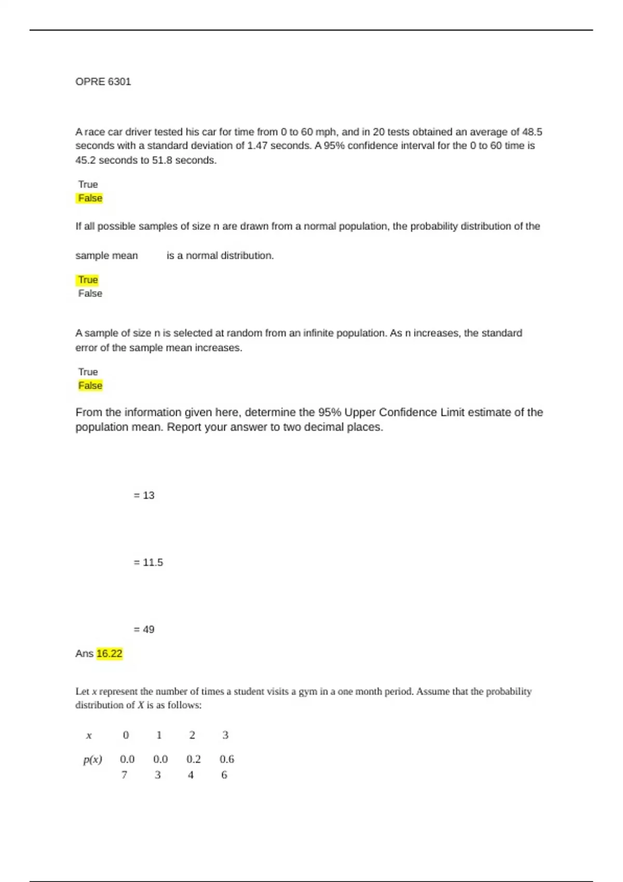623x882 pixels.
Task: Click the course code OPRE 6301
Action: (103, 81)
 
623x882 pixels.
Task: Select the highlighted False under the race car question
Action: (90, 198)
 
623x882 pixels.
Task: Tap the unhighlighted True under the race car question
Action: (88, 184)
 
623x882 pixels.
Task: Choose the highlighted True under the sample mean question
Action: (88, 280)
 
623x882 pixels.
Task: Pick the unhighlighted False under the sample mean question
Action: (90, 294)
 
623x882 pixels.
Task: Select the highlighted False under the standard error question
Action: (90, 385)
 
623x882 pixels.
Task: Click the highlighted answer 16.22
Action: (109, 653)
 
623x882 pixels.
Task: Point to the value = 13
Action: (144, 495)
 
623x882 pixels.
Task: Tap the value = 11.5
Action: (148, 562)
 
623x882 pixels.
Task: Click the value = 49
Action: (144, 629)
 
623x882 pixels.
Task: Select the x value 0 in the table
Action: (126, 735)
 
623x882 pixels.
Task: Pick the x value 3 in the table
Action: (225, 735)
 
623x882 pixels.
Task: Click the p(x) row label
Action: (92, 760)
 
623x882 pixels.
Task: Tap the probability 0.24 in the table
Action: (193, 766)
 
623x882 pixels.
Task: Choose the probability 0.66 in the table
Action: (226, 766)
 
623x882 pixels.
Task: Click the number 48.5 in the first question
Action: (532, 132)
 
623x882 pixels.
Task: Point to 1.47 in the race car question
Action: (257, 146)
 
